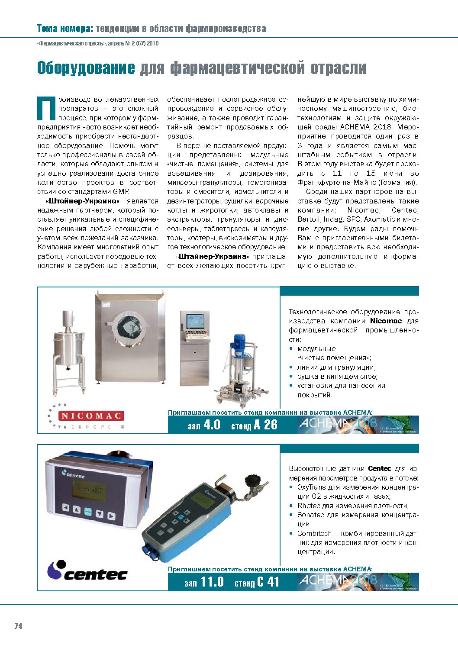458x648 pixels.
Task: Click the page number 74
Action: [x=18, y=626]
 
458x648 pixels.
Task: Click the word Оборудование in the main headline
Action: [x=86, y=68]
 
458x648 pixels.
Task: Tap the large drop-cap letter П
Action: [x=47, y=108]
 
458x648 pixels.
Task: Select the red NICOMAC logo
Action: [x=91, y=416]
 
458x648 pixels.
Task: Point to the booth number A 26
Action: [x=265, y=425]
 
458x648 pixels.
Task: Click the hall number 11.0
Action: [x=212, y=582]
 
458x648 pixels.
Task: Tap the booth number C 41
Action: [x=268, y=582]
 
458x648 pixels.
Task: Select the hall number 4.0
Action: [x=211, y=425]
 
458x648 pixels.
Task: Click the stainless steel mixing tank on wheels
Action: [x=69, y=346]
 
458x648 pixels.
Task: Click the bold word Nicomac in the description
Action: [x=386, y=321]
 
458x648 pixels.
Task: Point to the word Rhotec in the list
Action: [x=309, y=506]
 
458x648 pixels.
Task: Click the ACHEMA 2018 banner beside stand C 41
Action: [x=358, y=582]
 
